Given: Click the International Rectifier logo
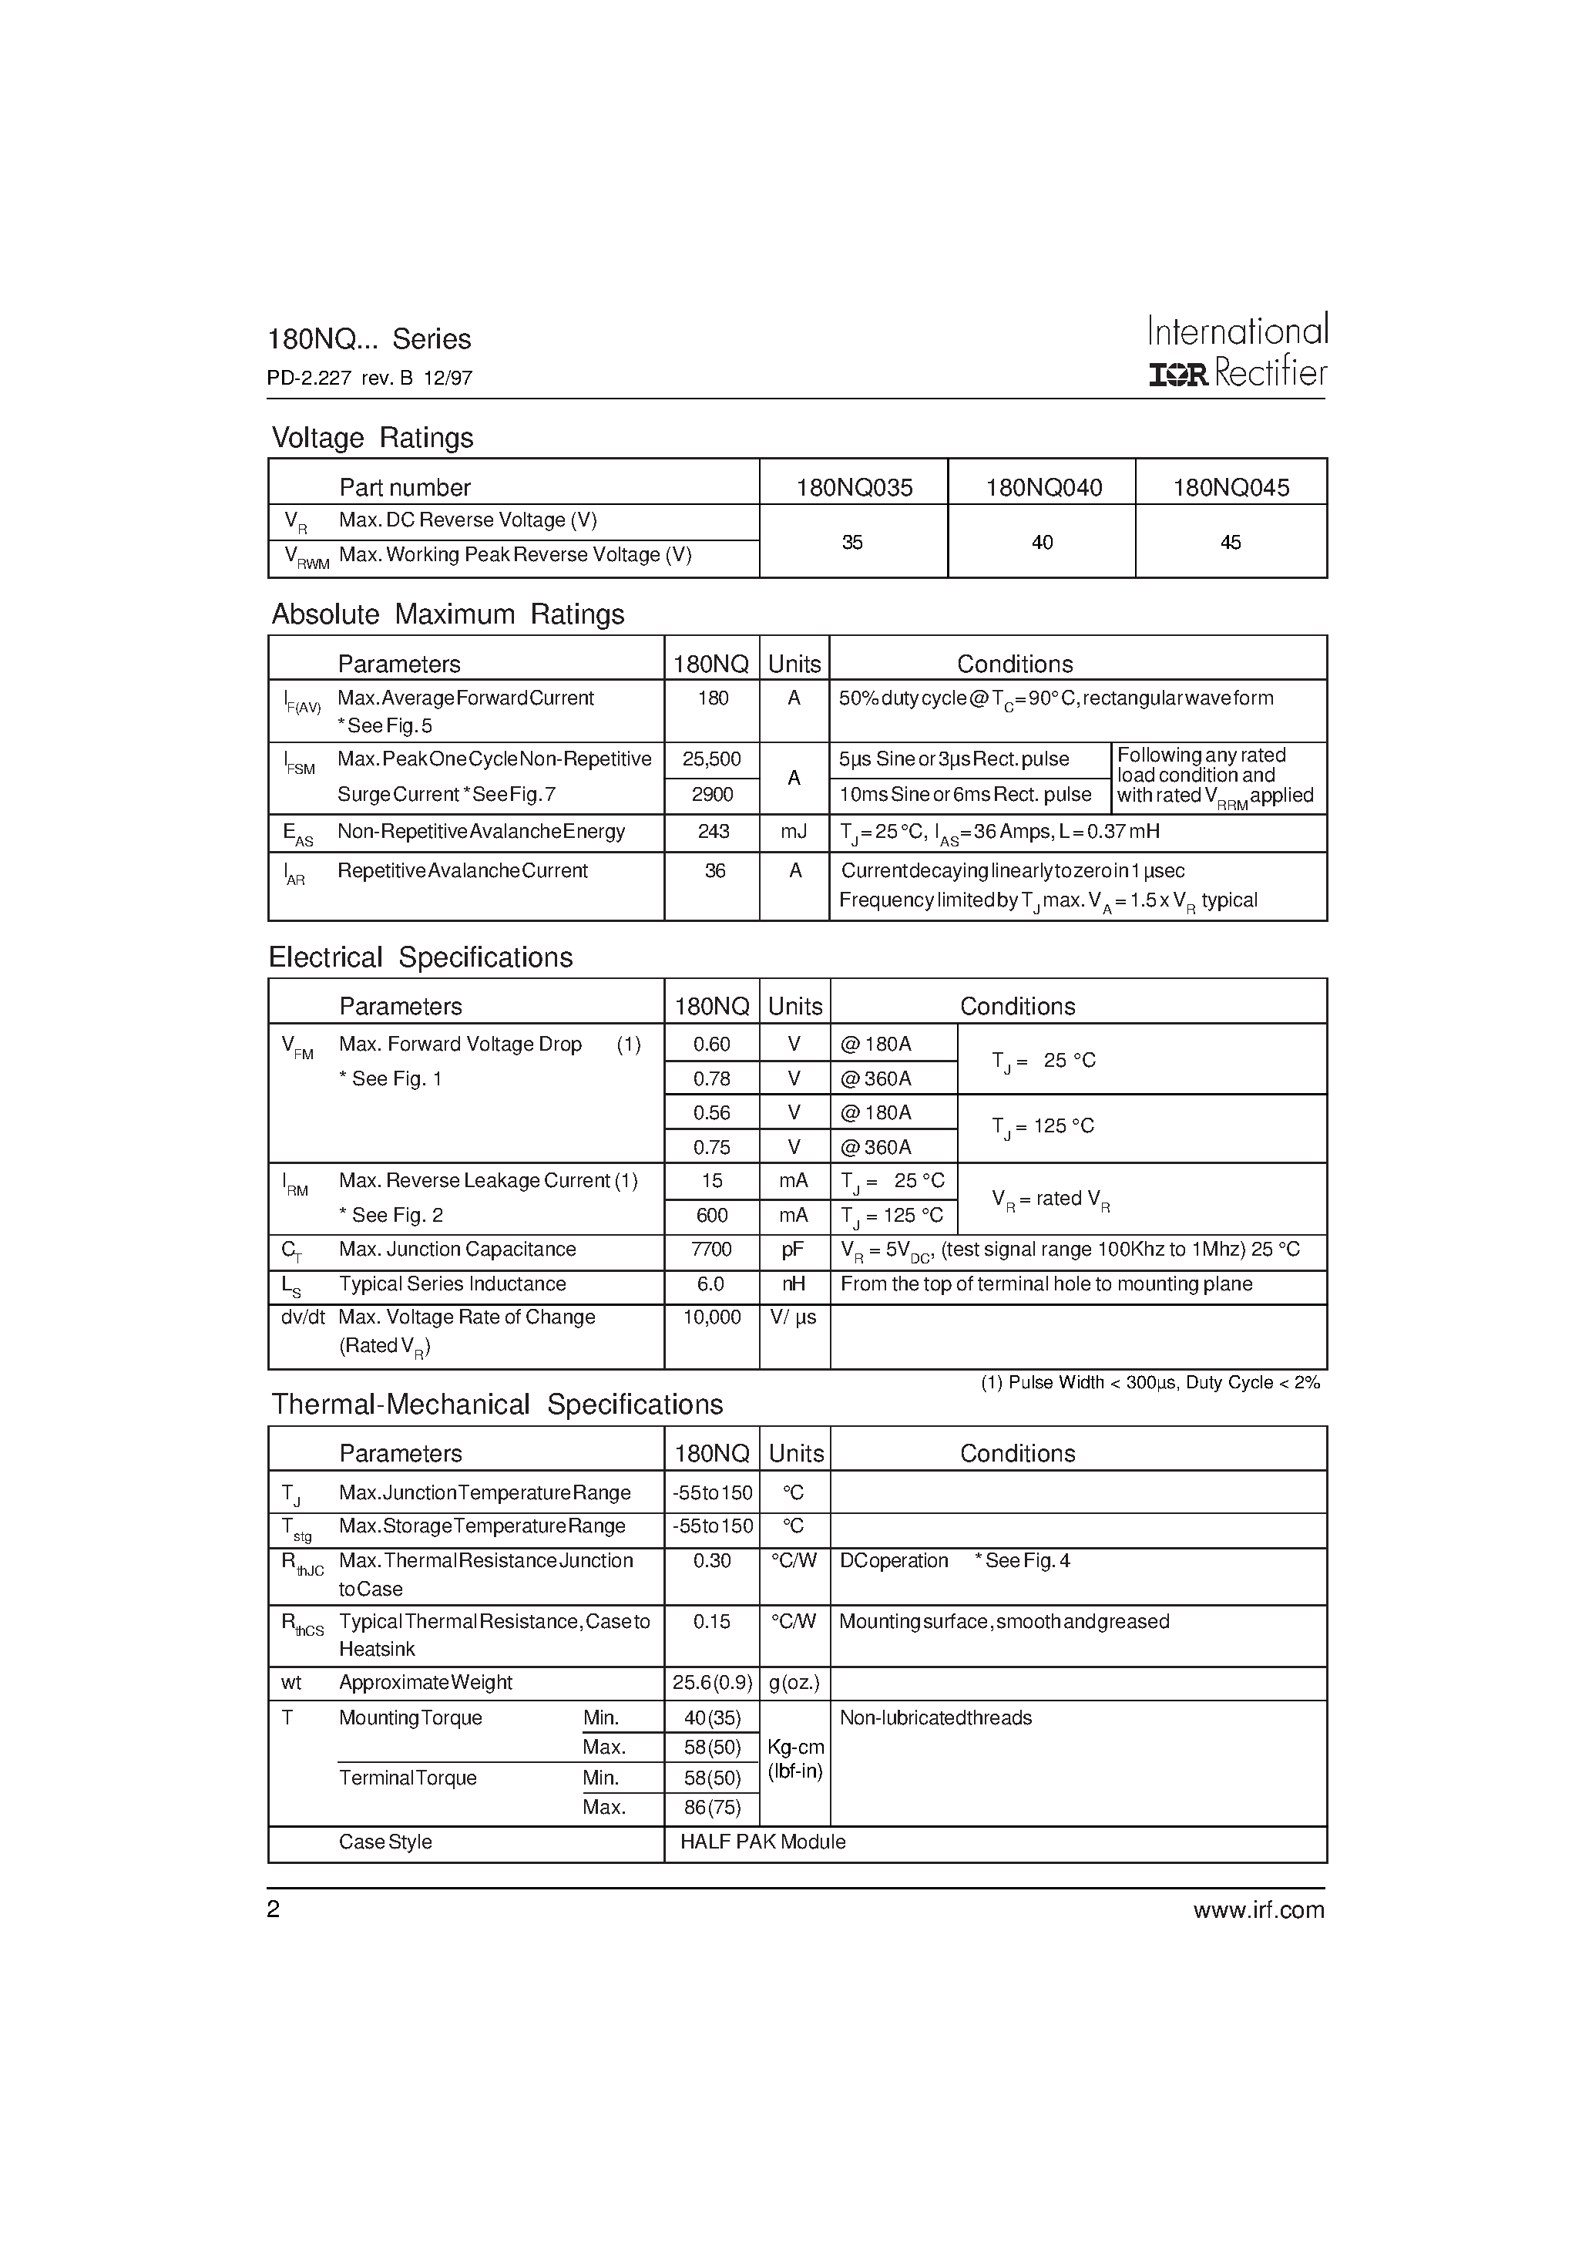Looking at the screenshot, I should [x=1238, y=352].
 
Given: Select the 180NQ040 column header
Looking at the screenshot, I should [x=1043, y=487].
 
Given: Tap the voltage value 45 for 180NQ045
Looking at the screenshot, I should [x=1230, y=542].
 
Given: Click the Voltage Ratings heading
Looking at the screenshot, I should [x=372, y=438].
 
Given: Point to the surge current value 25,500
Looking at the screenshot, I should [x=711, y=759].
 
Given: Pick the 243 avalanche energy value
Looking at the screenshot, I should [x=714, y=832].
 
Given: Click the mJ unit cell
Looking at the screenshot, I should [x=794, y=832].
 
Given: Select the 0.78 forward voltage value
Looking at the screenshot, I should [x=711, y=1079].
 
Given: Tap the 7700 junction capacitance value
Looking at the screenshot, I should [x=711, y=1250].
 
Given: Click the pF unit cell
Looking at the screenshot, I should [x=793, y=1250].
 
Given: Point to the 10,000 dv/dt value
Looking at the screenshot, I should [x=711, y=1317].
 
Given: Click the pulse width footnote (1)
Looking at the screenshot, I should [x=1150, y=1383].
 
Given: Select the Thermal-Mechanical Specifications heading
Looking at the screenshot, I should [x=497, y=1405].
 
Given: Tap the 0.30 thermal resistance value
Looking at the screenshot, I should [x=711, y=1561].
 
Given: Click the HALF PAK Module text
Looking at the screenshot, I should [x=763, y=1842].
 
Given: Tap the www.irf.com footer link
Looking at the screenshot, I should [x=1258, y=1910].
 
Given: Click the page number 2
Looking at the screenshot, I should [x=274, y=1909].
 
